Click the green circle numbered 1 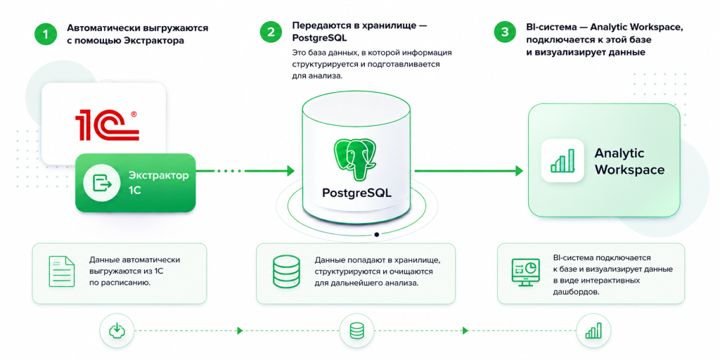coord(46,34)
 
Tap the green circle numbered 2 coord(271,32)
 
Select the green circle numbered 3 coord(505,32)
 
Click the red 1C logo coord(107,125)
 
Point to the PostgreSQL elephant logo coord(356,156)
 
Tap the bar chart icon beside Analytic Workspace coord(562,160)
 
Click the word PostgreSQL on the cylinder coord(356,193)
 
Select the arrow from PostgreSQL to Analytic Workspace coord(469,171)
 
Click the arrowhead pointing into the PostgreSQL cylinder coord(290,171)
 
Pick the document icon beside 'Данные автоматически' coord(62,272)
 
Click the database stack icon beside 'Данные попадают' coord(286,272)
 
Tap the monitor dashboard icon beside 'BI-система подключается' coord(526,273)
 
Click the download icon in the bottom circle coord(117,330)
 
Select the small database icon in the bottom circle coord(356,330)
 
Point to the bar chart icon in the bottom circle coord(593,330)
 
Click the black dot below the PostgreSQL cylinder coord(377,234)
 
